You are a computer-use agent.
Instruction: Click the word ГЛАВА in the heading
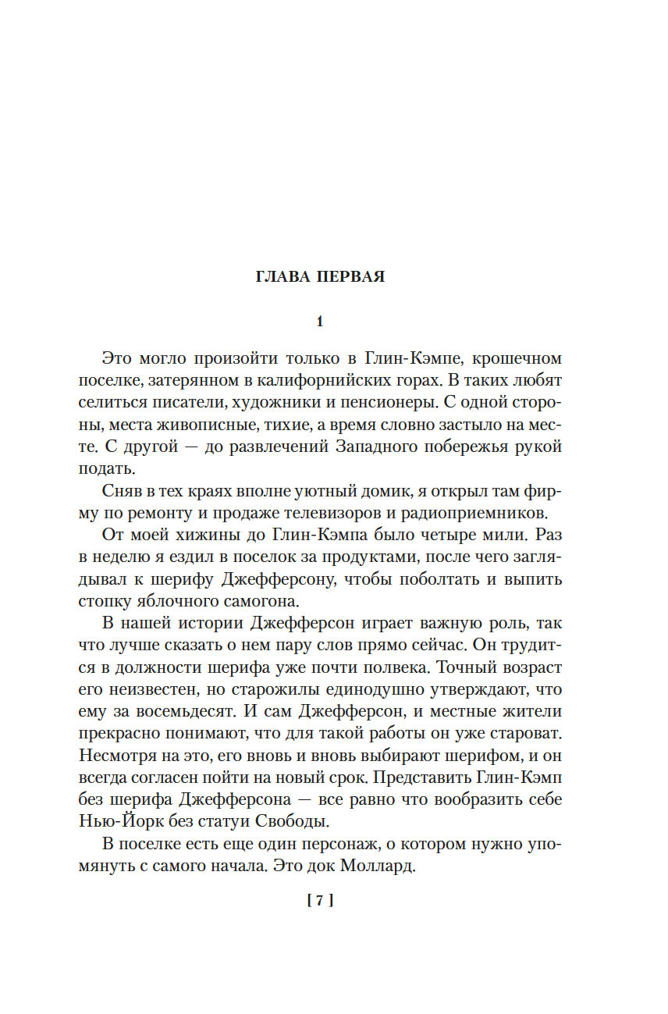283,277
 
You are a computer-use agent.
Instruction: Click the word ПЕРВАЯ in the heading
350,277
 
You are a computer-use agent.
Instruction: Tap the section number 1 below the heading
319,321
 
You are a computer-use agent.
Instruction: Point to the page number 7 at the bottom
320,900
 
